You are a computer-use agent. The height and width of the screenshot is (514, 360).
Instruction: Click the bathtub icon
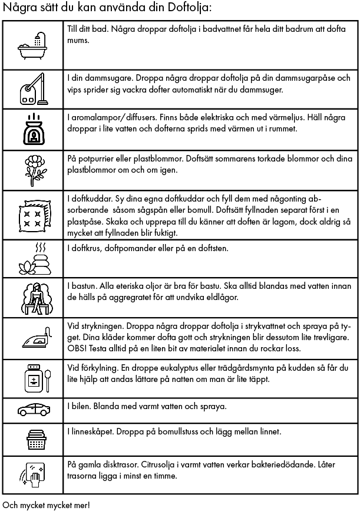tap(32, 45)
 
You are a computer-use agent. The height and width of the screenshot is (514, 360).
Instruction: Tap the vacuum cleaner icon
tap(32, 88)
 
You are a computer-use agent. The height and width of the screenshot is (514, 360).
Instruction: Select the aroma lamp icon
tap(32, 130)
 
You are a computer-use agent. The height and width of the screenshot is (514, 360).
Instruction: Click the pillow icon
tap(32, 216)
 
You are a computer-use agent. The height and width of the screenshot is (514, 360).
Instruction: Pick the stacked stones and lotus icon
tap(32, 258)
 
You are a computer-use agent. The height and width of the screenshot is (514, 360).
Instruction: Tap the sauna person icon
tap(32, 298)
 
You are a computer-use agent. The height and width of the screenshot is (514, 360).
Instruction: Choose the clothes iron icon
tap(32, 340)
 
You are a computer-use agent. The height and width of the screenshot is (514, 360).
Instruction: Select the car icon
tap(32, 408)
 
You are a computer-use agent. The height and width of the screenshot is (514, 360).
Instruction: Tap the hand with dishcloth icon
tap(32, 474)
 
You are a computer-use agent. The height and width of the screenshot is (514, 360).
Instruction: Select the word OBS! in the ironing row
tap(77, 348)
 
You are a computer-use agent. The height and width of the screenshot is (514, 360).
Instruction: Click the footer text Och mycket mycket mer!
tap(46, 505)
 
